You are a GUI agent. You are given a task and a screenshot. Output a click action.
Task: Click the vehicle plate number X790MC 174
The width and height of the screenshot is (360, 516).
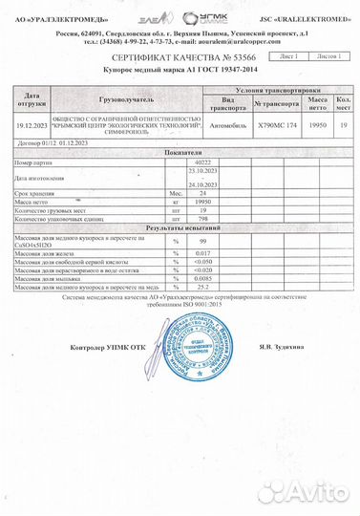tap(278, 125)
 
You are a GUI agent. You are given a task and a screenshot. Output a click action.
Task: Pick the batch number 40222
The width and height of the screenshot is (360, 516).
tap(204, 161)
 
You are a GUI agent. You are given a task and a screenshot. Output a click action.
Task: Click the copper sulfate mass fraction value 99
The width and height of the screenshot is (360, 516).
tap(203, 240)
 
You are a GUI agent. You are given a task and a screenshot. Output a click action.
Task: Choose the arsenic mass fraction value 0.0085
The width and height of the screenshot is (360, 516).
tap(203, 277)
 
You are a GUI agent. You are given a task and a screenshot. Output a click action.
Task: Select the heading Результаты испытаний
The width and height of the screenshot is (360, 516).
tap(180, 229)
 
